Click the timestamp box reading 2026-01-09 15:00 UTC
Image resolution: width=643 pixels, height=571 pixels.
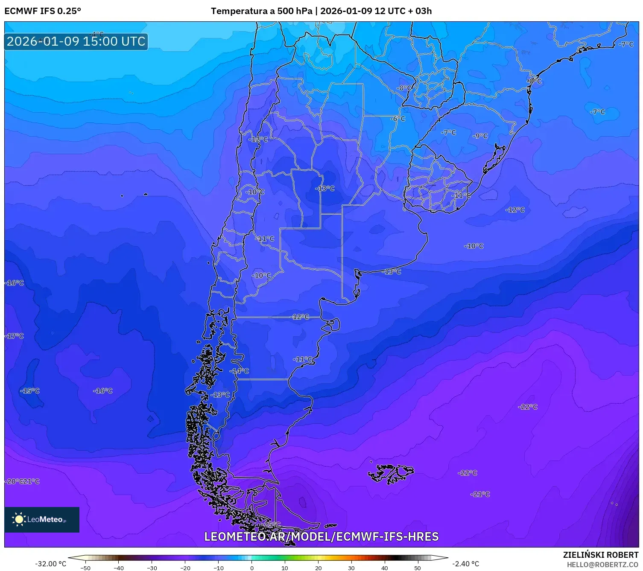[76, 41]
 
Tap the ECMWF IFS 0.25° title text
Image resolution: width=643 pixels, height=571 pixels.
[43, 11]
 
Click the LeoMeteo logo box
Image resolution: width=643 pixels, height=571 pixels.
[42, 519]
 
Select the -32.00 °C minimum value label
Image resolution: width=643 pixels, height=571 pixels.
[50, 564]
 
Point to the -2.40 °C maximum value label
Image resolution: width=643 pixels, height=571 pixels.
[465, 564]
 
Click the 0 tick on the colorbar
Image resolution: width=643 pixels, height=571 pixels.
[252, 568]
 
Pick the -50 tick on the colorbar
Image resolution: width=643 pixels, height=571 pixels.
[85, 568]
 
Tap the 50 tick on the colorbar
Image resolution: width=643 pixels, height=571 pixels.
[418, 568]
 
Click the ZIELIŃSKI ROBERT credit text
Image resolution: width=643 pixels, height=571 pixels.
[600, 555]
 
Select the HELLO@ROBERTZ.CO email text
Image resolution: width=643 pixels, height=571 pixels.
[602, 565]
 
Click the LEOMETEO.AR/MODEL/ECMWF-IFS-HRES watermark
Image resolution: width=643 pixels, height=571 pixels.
[321, 536]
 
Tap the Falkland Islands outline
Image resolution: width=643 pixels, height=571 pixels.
[391, 473]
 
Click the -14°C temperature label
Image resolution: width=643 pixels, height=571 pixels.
[240, 371]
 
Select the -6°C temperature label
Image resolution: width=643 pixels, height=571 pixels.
[398, 119]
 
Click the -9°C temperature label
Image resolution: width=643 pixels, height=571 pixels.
[480, 136]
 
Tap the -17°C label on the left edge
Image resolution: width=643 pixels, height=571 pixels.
[15, 336]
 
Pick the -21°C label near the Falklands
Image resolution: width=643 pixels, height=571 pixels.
[480, 494]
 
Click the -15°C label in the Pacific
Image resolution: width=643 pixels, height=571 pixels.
[30, 391]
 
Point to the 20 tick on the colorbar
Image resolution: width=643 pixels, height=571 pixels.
[318, 568]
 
